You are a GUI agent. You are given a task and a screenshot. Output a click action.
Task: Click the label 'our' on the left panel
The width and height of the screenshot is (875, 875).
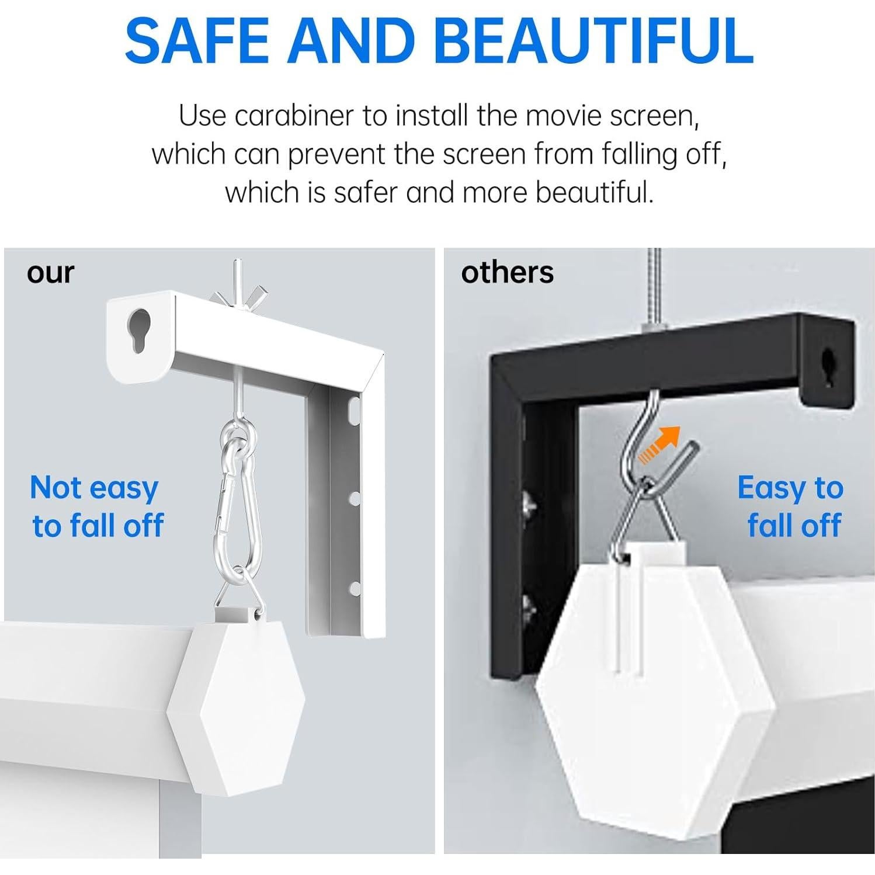tap(50, 273)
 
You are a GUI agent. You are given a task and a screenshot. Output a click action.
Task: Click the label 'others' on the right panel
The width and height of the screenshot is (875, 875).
tap(507, 273)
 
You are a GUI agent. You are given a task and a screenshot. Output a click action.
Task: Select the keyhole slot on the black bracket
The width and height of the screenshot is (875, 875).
tap(829, 367)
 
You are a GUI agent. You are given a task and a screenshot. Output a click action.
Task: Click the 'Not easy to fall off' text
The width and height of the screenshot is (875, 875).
tap(96, 506)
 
